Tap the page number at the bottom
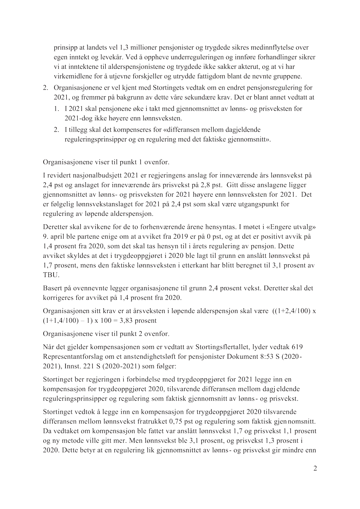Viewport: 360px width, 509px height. (x=315, y=469)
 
